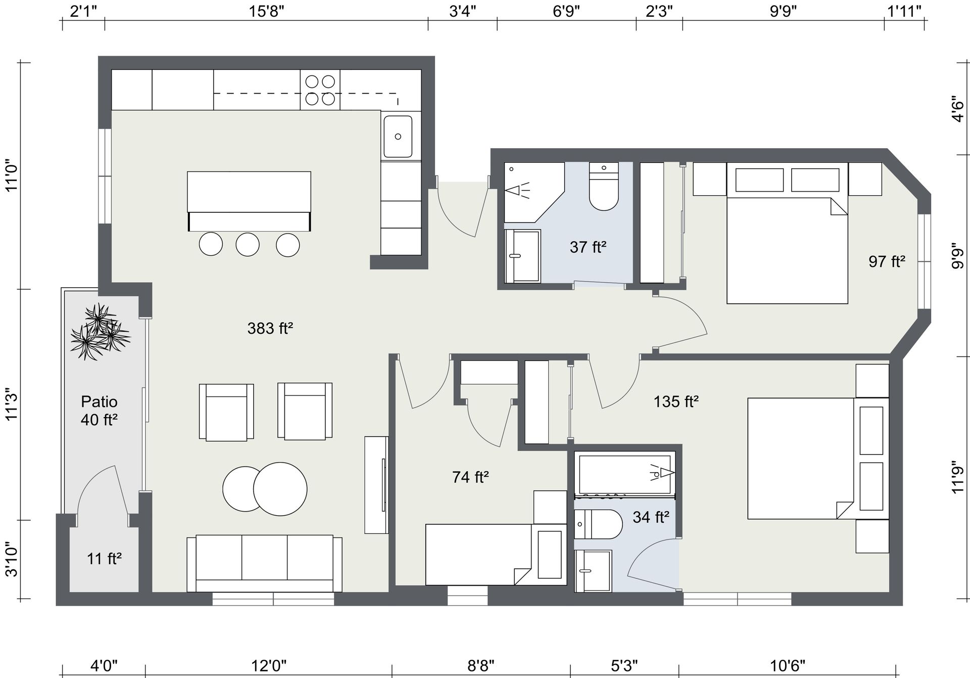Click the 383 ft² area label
[270, 329]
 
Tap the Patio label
[100, 402]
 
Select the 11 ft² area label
[104, 559]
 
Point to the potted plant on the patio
[100, 332]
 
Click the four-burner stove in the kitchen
[320, 89]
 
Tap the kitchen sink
[398, 137]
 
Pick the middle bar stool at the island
[248, 245]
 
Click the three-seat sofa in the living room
[264, 563]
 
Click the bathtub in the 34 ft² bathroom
[625, 474]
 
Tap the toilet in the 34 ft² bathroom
[598, 524]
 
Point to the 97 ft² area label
[887, 261]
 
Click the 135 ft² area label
[676, 402]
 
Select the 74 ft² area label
[470, 477]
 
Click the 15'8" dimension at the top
[266, 11]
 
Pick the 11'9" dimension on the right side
[958, 477]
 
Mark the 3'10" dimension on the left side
[11, 559]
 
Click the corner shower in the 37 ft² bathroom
[534, 192]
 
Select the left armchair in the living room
[226, 412]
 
